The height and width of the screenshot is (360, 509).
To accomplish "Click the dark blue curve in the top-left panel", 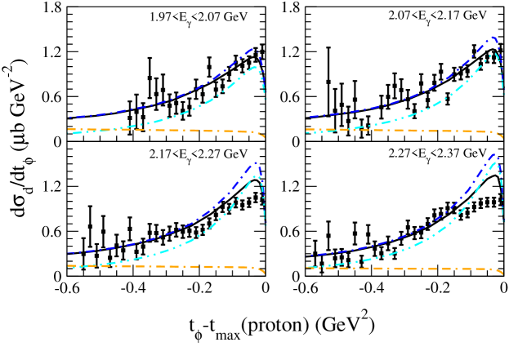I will coord(163,102).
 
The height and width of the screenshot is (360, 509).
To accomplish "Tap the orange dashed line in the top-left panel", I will coord(163,130).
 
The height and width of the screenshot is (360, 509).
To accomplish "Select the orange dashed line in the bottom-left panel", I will coord(163,266).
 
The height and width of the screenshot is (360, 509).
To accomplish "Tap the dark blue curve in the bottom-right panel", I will coord(409,235).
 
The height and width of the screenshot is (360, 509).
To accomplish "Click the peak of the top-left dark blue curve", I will coord(252,49).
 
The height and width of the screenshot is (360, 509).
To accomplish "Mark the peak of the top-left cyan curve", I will coord(256,66).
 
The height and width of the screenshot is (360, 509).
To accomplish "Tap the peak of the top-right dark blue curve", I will coord(493,37).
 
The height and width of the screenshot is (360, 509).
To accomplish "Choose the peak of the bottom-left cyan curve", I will coord(257,176).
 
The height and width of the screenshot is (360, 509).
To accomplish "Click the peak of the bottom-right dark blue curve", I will coord(493,153).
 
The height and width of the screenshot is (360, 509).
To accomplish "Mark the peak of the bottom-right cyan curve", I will coord(496,162).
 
